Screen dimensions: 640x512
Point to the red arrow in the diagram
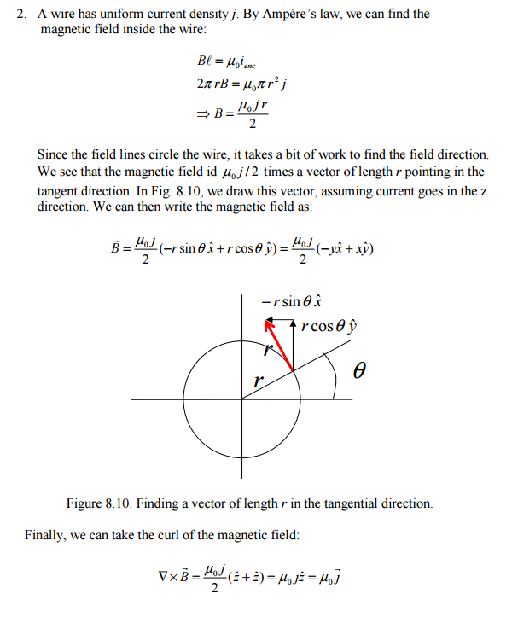coord(280,346)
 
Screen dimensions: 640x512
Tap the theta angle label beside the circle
coord(359,371)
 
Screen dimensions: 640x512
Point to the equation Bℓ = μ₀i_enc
coord(225,61)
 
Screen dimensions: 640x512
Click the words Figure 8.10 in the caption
coord(97,503)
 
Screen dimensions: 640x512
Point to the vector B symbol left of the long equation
coord(118,249)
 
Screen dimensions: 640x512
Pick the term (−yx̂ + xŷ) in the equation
coord(345,249)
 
